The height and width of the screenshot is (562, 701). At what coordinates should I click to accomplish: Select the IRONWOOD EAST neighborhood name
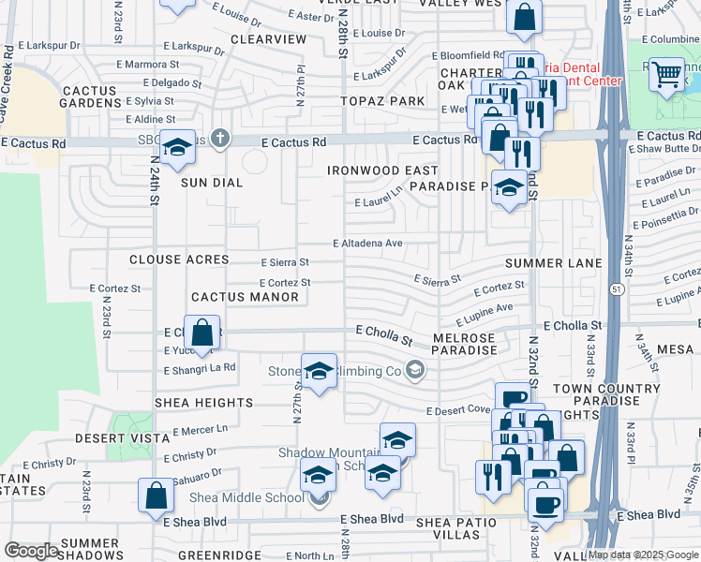click(x=382, y=170)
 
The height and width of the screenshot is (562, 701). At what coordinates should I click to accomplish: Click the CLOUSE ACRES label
click(x=179, y=259)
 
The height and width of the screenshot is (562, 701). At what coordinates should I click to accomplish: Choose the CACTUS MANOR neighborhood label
click(x=245, y=297)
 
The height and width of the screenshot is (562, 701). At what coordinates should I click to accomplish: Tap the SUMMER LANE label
click(x=553, y=264)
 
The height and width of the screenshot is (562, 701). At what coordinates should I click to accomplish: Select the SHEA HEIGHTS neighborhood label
click(x=203, y=403)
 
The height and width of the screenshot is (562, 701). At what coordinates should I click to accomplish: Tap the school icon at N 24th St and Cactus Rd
click(x=176, y=147)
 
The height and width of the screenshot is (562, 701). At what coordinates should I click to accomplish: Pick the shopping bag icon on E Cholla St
click(x=202, y=333)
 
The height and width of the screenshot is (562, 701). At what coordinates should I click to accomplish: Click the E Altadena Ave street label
click(x=367, y=244)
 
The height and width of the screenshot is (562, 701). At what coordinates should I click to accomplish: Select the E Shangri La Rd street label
click(x=199, y=370)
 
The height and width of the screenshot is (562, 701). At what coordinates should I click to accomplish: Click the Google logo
click(x=32, y=551)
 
